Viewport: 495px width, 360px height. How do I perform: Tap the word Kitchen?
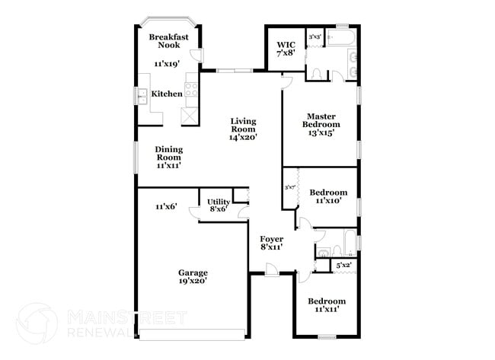pyautogui.click(x=167, y=94)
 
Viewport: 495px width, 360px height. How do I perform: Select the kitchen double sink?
pyautogui.click(x=142, y=95)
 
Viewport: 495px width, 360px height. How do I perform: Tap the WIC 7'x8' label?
pyautogui.click(x=286, y=49)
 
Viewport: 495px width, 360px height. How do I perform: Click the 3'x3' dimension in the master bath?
pyautogui.click(x=314, y=36)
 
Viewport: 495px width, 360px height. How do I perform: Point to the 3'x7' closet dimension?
pyautogui.click(x=289, y=187)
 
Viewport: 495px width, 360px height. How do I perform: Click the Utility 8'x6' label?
pyautogui.click(x=219, y=205)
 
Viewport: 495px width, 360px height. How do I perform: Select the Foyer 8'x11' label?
pyautogui.click(x=272, y=243)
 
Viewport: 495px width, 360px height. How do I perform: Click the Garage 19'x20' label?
pyautogui.click(x=193, y=277)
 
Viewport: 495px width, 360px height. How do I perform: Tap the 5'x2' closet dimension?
pyautogui.click(x=343, y=266)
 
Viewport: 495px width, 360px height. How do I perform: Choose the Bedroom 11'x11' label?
pyautogui.click(x=326, y=305)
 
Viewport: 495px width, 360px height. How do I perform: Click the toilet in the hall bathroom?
pyautogui.click(x=324, y=252)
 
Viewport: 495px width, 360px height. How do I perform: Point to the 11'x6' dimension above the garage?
pyautogui.click(x=166, y=206)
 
